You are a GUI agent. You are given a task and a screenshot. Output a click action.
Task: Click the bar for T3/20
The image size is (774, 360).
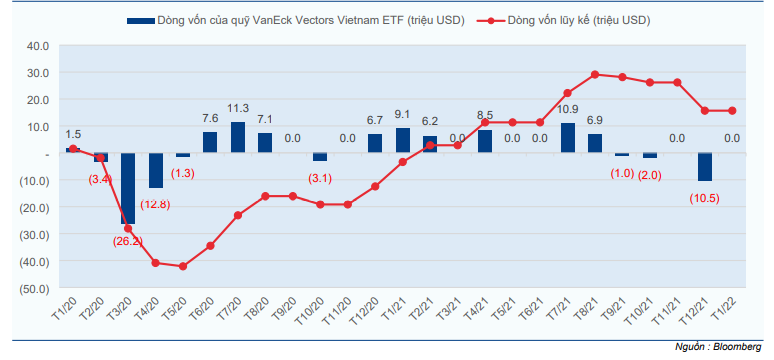tap(128, 188)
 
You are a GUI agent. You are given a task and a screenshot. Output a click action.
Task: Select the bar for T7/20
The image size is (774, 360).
tap(238, 137)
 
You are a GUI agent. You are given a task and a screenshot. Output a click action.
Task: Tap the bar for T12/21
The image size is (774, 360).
tap(704, 167)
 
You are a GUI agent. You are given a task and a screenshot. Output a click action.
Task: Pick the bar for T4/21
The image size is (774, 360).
tap(485, 142)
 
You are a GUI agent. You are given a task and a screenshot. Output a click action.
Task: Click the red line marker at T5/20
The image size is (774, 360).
tap(183, 266)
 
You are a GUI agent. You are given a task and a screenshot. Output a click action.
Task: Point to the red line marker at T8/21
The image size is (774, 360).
tap(595, 75)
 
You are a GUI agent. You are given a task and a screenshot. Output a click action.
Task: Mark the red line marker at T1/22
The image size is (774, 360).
tap(732, 111)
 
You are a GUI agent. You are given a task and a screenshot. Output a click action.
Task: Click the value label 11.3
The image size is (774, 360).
tap(238, 108)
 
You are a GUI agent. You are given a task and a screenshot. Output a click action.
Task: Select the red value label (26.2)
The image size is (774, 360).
tap(128, 242)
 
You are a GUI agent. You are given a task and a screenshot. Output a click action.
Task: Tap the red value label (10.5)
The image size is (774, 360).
tap(704, 199)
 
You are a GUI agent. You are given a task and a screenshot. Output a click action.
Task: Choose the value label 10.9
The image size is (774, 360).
tap(568, 109)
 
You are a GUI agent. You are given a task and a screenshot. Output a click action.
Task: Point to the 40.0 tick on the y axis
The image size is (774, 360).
tap(40, 46)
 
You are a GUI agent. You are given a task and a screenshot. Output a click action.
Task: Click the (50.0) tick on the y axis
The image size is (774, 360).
tap(36, 288)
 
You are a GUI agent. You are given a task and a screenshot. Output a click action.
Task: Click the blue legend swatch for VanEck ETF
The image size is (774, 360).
tap(141, 21)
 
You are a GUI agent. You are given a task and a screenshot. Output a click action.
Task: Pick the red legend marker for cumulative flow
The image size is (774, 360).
tap(491, 21)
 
